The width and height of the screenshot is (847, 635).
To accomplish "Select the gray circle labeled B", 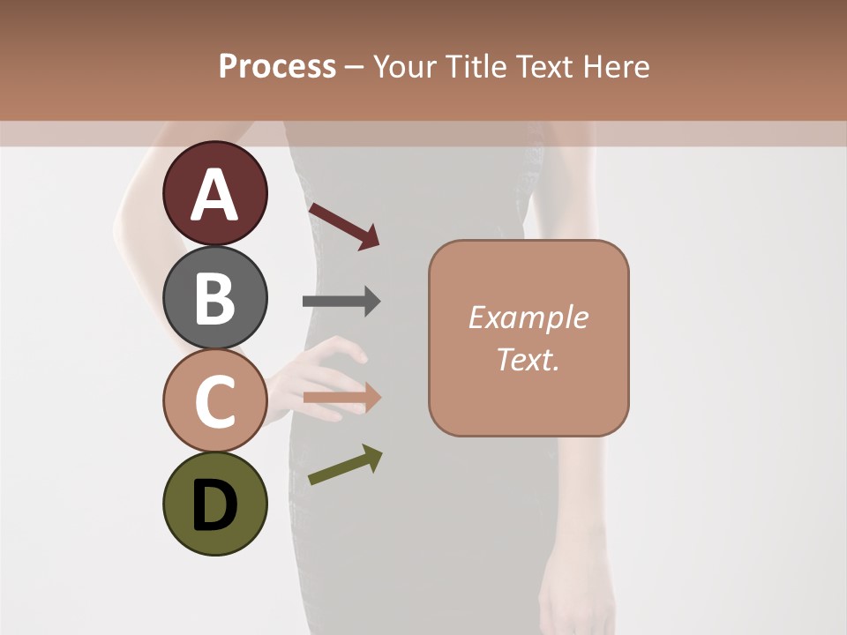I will click(x=214, y=297).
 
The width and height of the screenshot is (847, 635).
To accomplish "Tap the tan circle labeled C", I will click(x=214, y=400).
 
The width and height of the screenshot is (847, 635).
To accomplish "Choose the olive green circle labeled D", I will click(x=214, y=504).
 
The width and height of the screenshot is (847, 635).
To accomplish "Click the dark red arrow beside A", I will click(x=343, y=226).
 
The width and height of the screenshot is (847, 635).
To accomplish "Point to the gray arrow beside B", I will click(x=341, y=302).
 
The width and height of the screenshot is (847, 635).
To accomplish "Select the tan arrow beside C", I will click(x=341, y=398).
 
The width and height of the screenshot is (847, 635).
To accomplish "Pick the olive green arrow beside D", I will click(x=345, y=465).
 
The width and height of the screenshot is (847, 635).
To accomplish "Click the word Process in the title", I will click(x=277, y=67).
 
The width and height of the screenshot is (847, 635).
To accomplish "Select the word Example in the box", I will click(x=528, y=317).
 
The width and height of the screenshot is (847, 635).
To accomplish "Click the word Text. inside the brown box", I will click(x=528, y=360).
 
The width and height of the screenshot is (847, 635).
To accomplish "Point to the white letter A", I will click(x=214, y=196).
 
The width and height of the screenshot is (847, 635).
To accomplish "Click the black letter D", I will click(x=214, y=506).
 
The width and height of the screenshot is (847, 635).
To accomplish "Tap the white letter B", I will click(x=214, y=299).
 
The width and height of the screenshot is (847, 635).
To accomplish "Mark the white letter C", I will click(x=214, y=402).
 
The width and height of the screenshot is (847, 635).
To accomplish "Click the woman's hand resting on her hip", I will click(x=326, y=370).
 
